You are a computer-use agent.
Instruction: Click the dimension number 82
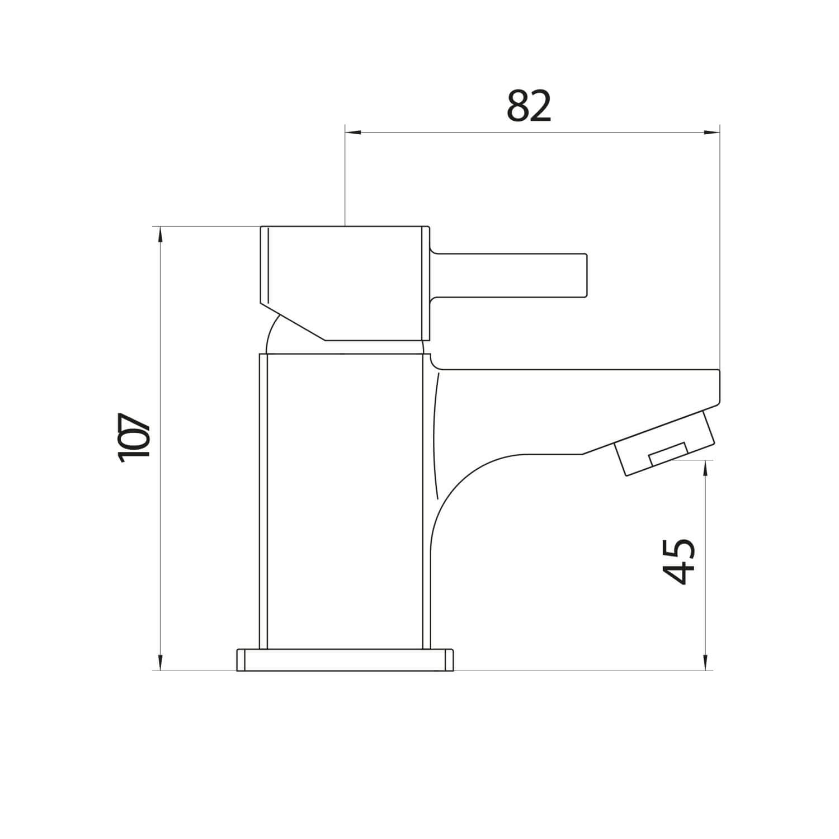pyautogui.click(x=529, y=106)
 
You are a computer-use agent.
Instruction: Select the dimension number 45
pyautogui.click(x=678, y=562)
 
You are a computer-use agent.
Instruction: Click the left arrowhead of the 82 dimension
pyautogui.click(x=352, y=133)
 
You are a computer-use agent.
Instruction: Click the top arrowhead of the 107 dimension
pyautogui.click(x=161, y=234)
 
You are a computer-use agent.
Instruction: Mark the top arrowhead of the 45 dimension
pyautogui.click(x=706, y=468)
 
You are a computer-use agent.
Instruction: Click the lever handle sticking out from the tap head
pyautogui.click(x=509, y=274)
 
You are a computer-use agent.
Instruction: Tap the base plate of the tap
pyautogui.click(x=345, y=659)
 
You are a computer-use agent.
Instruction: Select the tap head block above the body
pyautogui.click(x=347, y=274)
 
